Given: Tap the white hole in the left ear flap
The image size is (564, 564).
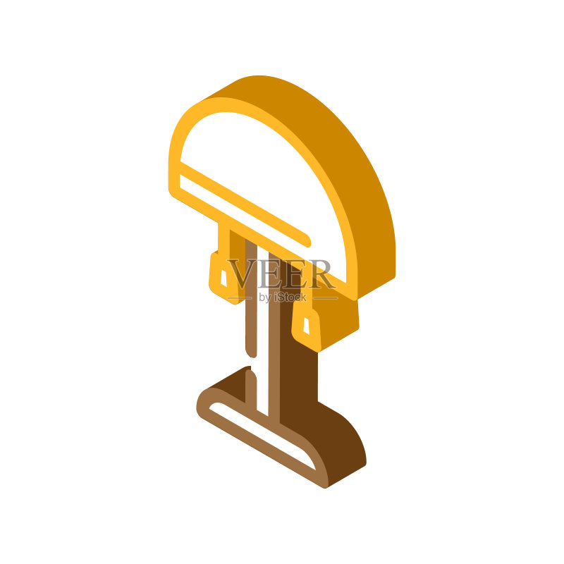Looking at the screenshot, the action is (x=223, y=278).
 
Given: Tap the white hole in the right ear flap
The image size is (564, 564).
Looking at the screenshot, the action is (x=306, y=326).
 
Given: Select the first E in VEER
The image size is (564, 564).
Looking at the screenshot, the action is (x=269, y=274).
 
